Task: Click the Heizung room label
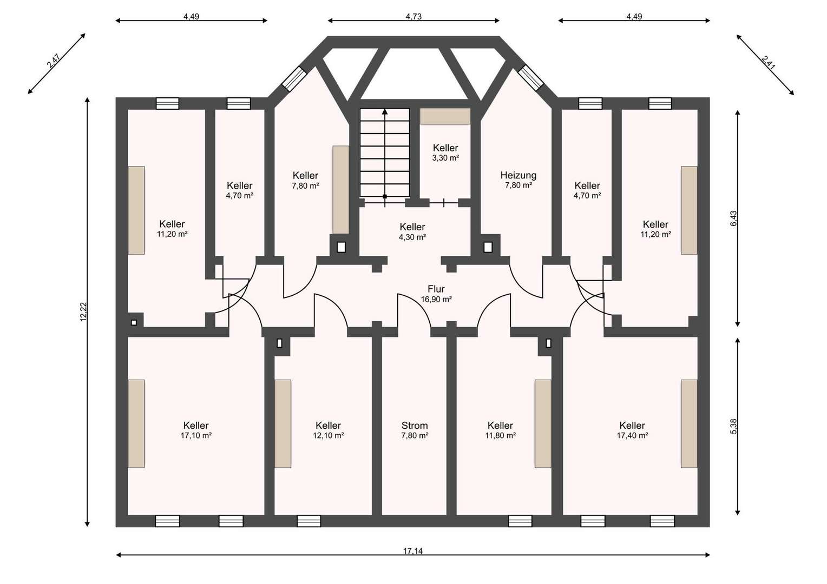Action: [518, 175]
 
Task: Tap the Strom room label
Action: [414, 426]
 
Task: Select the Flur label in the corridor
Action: [436, 289]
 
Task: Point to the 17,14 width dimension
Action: [413, 551]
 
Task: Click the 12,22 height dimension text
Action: [83, 312]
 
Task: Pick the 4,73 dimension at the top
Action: [413, 17]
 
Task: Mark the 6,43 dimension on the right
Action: [733, 218]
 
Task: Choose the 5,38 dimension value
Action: [733, 426]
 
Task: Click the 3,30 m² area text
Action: [445, 158]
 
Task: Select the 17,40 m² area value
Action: [632, 435]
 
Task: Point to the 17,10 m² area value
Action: [196, 435]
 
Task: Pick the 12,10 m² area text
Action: [328, 435]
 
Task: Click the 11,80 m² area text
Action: [500, 435]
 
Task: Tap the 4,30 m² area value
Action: [412, 237]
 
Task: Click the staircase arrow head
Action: [385, 111]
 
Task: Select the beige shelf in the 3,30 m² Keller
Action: [445, 116]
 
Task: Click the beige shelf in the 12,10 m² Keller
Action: [283, 424]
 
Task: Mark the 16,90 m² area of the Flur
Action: [436, 300]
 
